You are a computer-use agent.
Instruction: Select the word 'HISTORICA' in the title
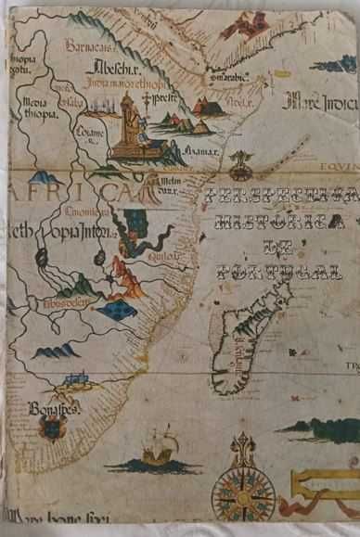tap(278, 223)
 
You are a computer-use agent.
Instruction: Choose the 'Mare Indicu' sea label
tap(320, 100)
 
